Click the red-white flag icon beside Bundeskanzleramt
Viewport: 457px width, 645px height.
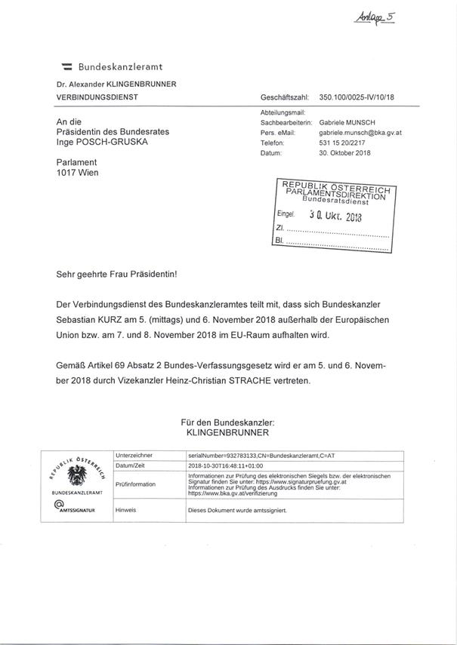(66, 68)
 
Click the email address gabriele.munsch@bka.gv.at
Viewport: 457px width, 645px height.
(360, 133)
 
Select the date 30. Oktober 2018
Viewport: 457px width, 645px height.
(344, 153)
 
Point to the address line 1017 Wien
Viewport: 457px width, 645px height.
(77, 173)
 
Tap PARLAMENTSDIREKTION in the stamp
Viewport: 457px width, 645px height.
(336, 193)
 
